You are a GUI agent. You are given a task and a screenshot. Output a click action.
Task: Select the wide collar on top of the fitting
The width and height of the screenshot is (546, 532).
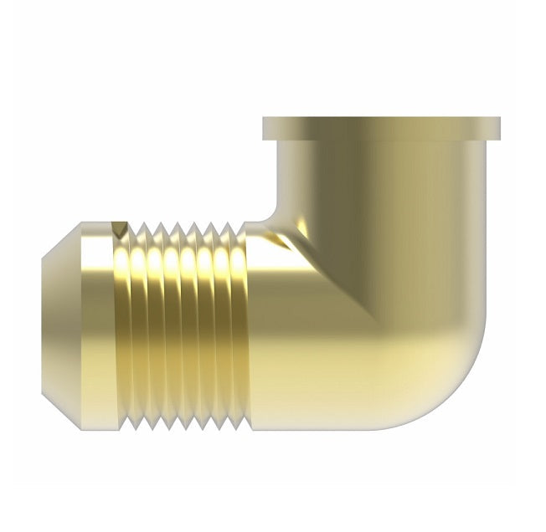pyautogui.click(x=381, y=129)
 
